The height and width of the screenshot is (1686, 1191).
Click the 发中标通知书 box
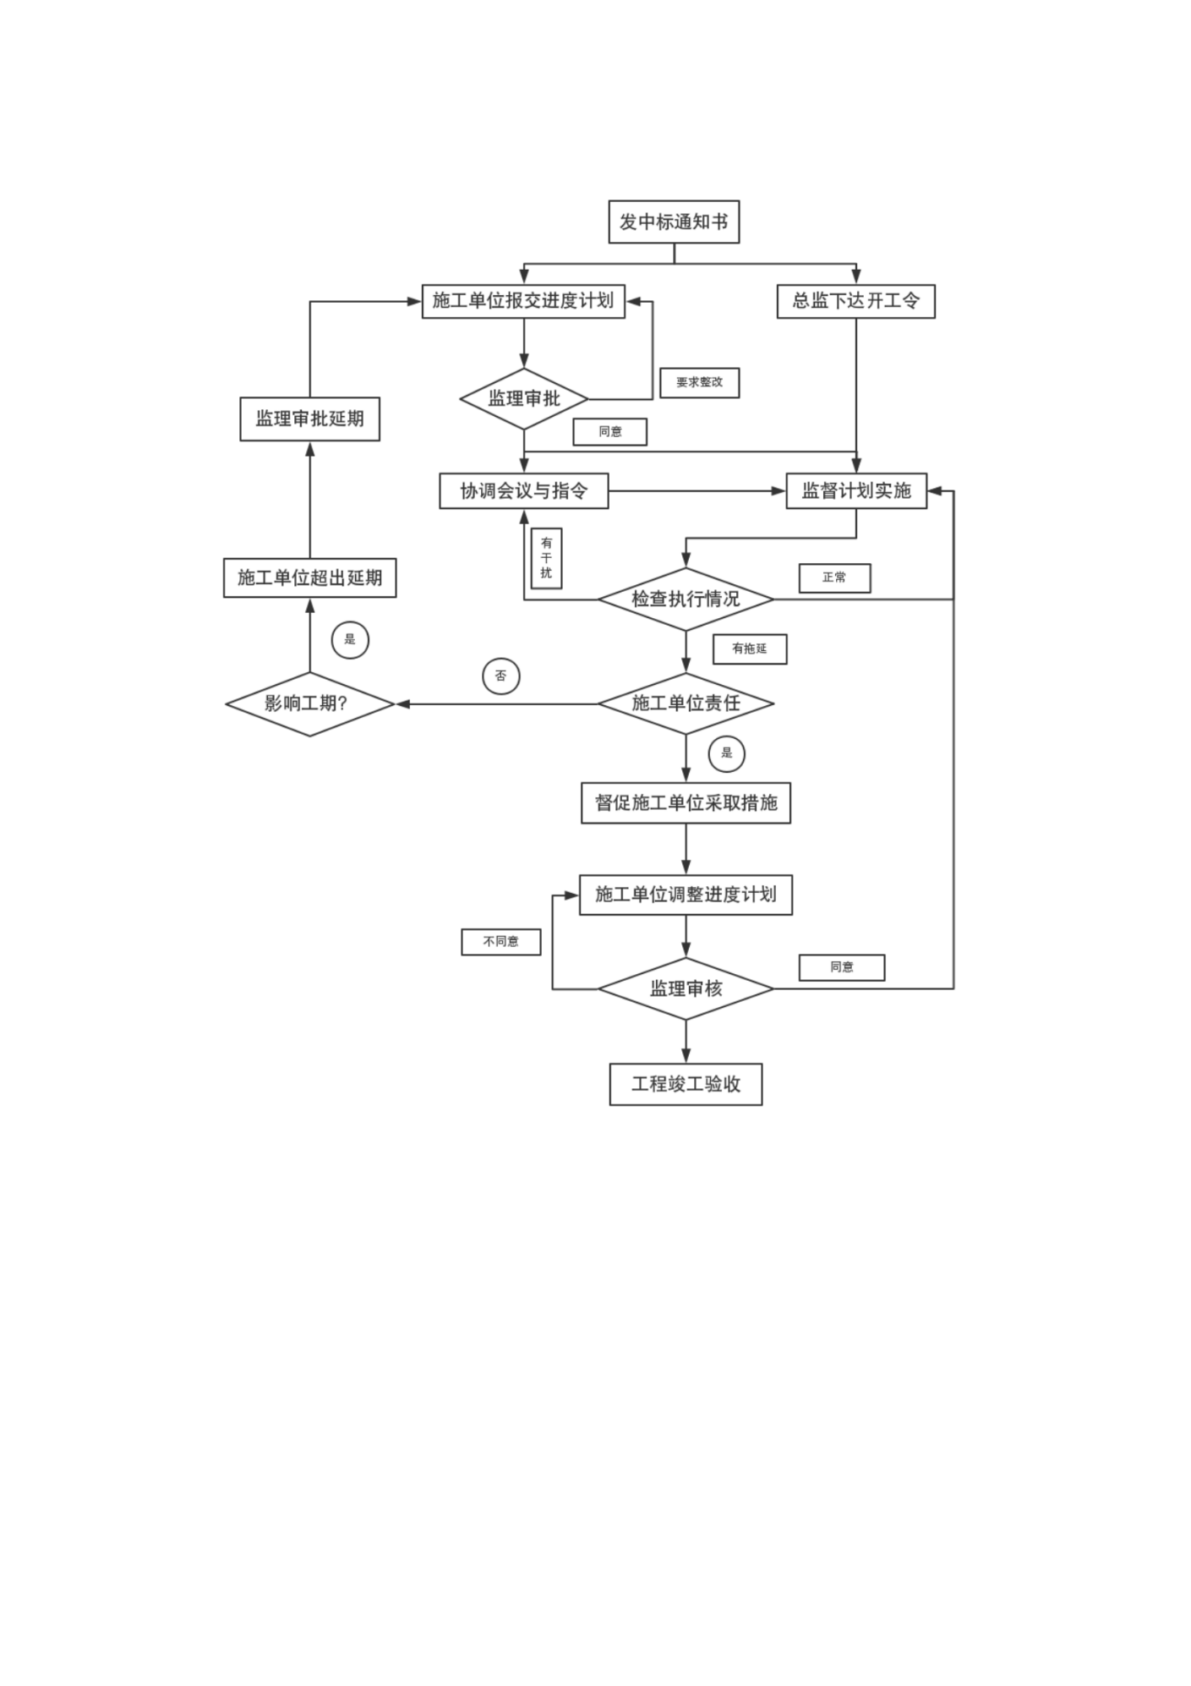[674, 222]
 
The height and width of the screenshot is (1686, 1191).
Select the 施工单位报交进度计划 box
[523, 301]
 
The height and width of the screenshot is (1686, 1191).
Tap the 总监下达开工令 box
[855, 301]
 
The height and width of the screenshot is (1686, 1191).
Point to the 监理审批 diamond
[524, 398]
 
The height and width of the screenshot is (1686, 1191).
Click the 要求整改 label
[699, 382]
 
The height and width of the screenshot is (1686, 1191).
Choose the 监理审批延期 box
[309, 419]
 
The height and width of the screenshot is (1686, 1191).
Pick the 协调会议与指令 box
[523, 490]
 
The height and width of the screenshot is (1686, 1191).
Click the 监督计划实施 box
[856, 490]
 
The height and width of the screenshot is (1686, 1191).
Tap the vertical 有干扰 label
[546, 558]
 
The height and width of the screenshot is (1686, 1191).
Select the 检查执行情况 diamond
[686, 599]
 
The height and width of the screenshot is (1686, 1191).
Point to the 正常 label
[834, 578]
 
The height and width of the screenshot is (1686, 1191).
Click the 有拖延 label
[749, 649]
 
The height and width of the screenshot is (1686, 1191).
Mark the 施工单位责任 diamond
[686, 703]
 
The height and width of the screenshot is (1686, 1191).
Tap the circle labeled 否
[500, 676]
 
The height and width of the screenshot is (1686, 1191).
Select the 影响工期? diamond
[309, 703]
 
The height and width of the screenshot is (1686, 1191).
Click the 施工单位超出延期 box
[309, 578]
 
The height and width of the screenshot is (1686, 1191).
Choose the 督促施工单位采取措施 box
[686, 802]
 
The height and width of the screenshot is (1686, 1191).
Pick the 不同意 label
[500, 941]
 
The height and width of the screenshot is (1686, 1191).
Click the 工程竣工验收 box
[686, 1084]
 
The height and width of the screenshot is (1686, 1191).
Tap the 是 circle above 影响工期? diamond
[350, 640]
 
